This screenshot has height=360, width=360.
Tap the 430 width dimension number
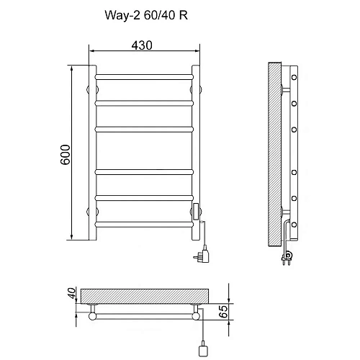click(143, 45)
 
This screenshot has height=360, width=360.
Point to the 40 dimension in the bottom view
click(72, 294)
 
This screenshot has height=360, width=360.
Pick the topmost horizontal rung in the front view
click(144, 75)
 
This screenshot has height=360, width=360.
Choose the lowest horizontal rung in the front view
click(144, 224)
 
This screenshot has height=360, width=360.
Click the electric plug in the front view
click(201, 254)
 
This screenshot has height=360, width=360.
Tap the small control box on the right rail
click(196, 210)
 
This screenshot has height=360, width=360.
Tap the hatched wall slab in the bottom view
click(144, 296)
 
